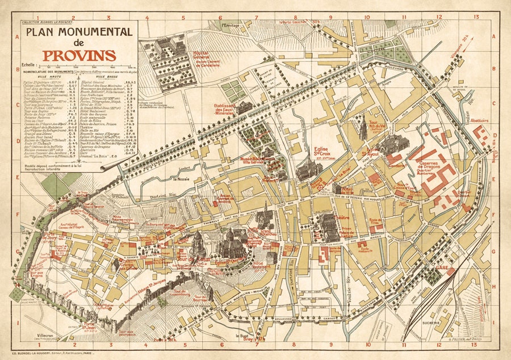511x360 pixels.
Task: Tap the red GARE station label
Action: (x=441, y=267)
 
